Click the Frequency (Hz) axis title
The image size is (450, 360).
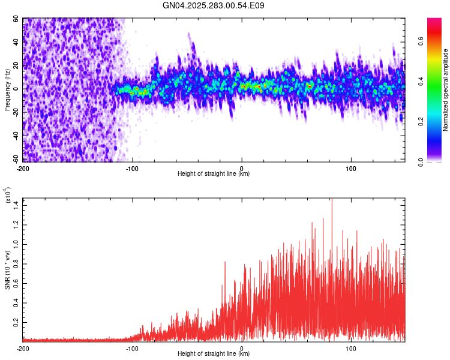click(x=7, y=90)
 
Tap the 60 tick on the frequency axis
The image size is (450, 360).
click(x=16, y=19)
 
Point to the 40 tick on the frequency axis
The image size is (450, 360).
click(x=16, y=43)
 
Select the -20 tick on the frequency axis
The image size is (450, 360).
click(x=15, y=112)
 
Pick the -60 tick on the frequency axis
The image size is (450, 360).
click(x=15, y=159)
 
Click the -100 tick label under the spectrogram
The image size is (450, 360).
click(x=132, y=168)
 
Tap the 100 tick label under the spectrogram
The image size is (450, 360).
click(x=351, y=168)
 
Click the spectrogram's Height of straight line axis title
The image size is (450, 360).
click(x=214, y=174)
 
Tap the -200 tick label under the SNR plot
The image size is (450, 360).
click(x=23, y=348)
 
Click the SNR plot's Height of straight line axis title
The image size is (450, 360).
click(x=214, y=354)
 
